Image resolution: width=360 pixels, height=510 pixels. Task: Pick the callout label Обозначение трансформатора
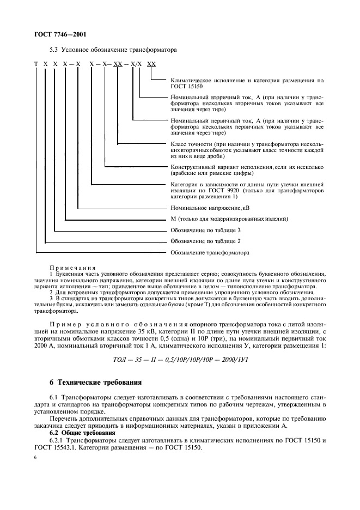pos(210,253)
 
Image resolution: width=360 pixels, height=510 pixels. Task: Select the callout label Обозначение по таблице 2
pos(205,241)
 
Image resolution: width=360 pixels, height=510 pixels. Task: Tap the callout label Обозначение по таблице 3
pos(205,230)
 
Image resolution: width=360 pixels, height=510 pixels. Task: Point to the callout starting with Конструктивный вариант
pos(247,170)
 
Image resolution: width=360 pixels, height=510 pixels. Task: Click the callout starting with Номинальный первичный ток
pos(247,126)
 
